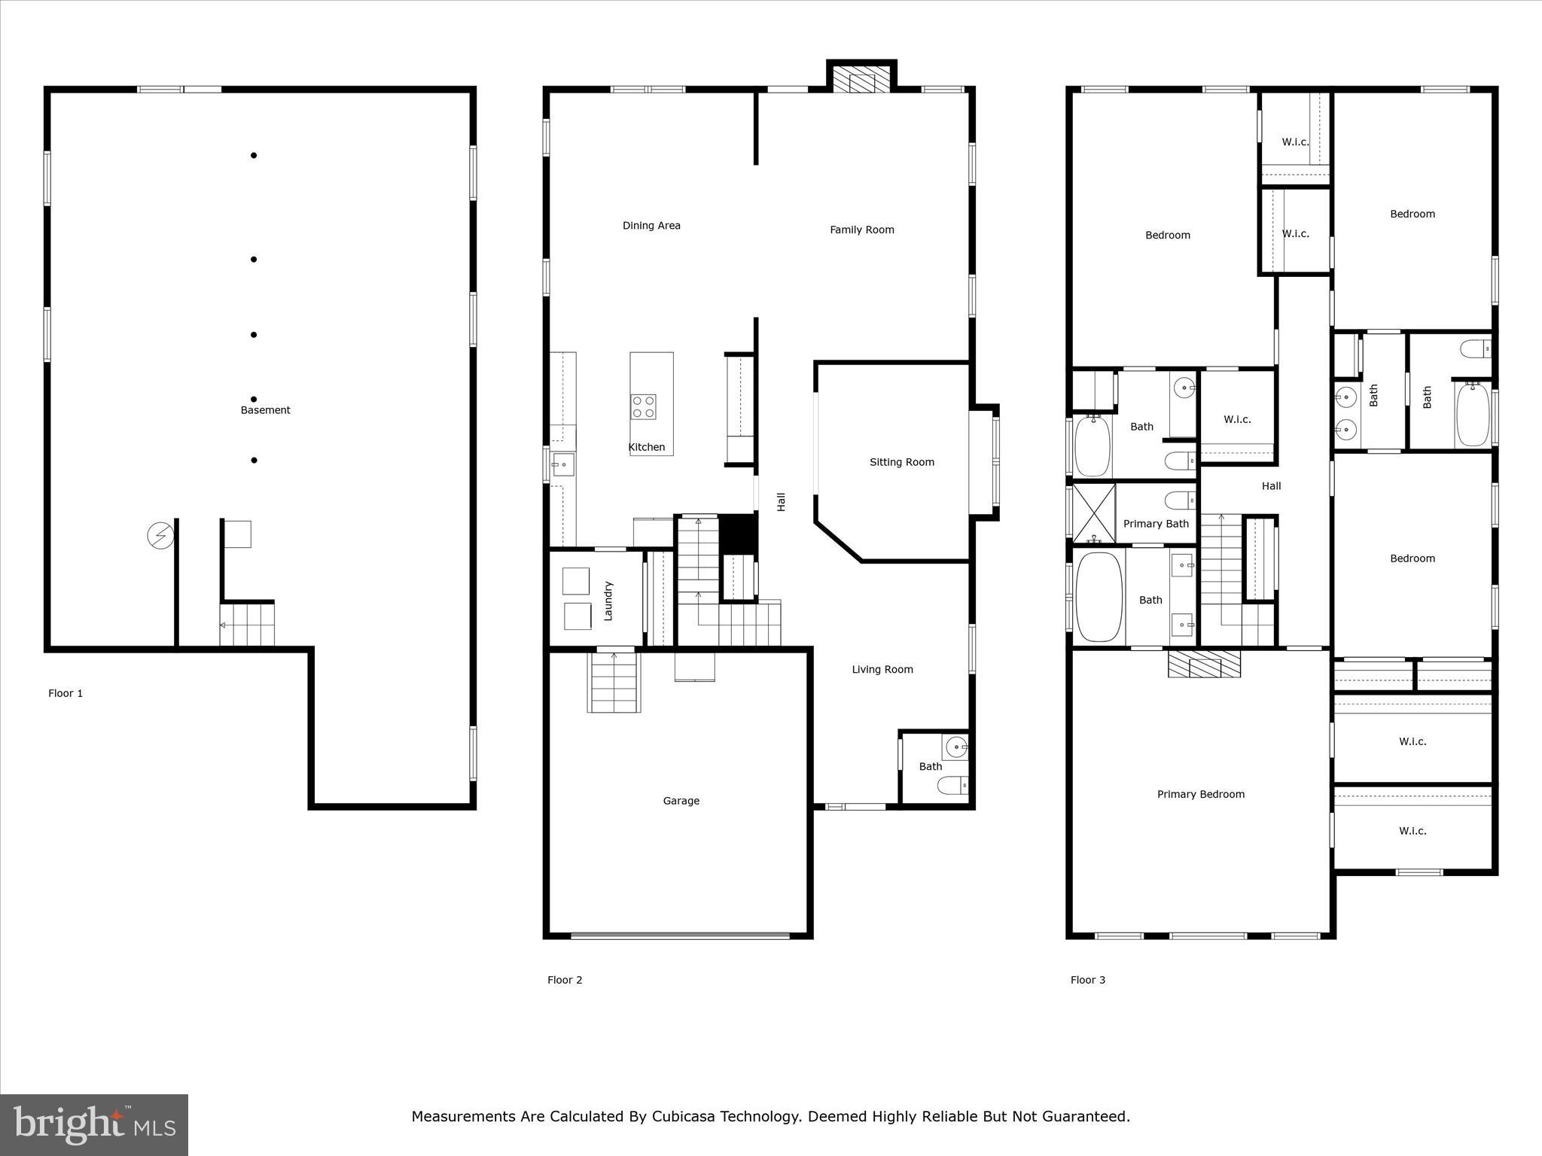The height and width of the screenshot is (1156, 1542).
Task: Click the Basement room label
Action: tap(265, 410)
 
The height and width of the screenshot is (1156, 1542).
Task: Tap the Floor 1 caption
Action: tap(66, 693)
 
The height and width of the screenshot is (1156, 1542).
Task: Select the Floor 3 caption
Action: tap(1088, 980)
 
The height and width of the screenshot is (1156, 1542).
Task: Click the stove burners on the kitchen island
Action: tap(644, 407)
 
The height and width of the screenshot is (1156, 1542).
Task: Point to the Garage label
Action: tap(681, 801)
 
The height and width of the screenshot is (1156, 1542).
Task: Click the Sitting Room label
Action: tap(901, 462)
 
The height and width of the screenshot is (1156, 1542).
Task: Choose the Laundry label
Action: tap(608, 601)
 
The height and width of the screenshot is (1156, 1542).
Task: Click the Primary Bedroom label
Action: tap(1200, 794)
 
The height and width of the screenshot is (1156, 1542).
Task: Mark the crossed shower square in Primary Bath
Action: tap(1093, 513)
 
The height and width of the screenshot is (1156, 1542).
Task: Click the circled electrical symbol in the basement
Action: tap(160, 536)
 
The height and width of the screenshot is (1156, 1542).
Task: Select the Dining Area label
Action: tap(651, 225)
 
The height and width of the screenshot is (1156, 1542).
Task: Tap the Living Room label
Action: tap(882, 669)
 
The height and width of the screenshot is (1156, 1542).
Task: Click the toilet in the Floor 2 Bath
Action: tap(952, 786)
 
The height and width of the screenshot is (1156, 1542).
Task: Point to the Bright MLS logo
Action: tap(94, 1124)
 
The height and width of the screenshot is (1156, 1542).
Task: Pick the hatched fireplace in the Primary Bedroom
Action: tap(1204, 664)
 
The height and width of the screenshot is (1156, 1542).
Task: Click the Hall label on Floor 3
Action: tap(1271, 486)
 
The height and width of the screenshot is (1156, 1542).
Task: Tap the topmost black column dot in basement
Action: tap(254, 156)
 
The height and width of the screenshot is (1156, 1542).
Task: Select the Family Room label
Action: tap(861, 230)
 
